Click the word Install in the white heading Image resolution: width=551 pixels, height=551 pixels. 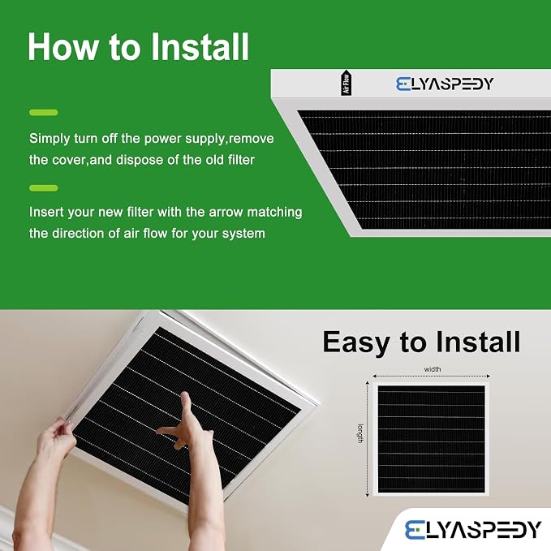pos(200,47)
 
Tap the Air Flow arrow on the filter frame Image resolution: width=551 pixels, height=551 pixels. pos(347,83)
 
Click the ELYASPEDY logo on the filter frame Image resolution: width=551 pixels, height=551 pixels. pos(445,84)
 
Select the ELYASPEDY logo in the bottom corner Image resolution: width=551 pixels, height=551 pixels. pos(472,530)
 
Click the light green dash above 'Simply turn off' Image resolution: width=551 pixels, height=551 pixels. pos(44,113)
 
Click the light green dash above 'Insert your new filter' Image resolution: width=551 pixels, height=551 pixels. pos(44,188)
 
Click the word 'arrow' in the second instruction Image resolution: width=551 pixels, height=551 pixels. pos(226,213)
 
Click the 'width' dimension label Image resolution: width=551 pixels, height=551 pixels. pos(433,369)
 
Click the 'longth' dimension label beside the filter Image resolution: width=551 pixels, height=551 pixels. pos(360,433)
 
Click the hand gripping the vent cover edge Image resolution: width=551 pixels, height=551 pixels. pos(57,438)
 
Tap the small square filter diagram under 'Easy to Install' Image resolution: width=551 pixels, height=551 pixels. pos(431,439)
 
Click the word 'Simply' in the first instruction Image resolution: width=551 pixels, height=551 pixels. pos(50,139)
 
